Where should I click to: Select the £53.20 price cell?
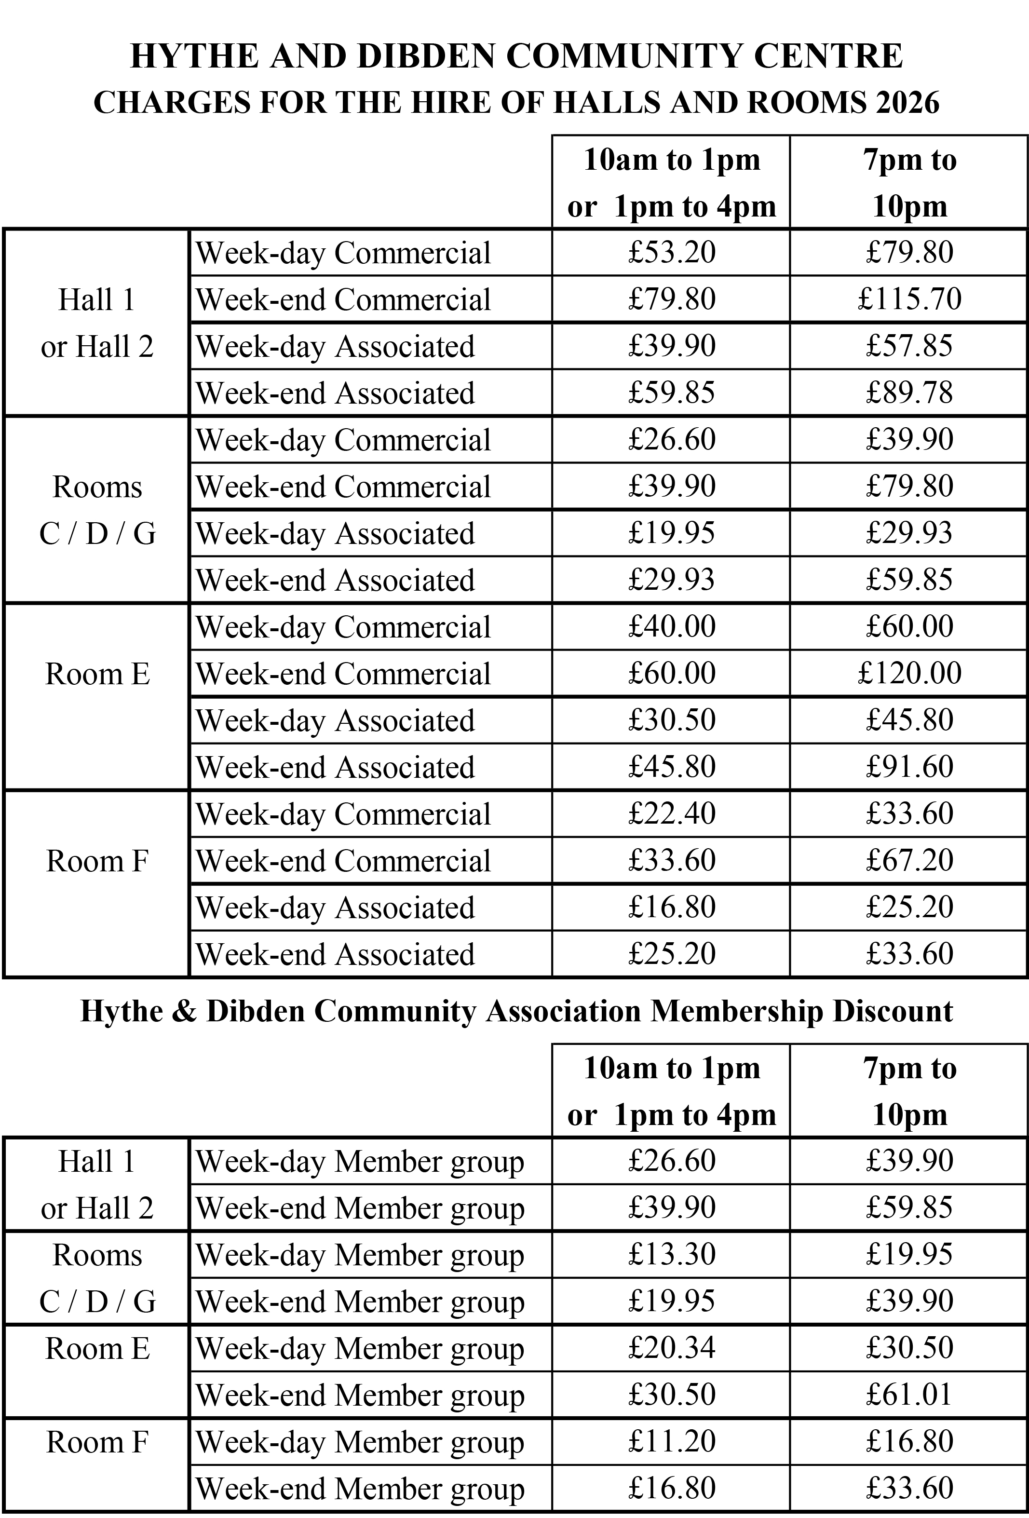(x=672, y=252)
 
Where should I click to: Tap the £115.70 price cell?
(x=909, y=299)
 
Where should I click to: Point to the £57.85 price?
(x=909, y=346)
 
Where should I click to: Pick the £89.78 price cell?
(x=909, y=393)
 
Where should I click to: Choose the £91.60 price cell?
(x=909, y=767)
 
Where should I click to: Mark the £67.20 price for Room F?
(x=909, y=860)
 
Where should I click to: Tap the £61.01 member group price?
(x=909, y=1395)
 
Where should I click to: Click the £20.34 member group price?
(x=672, y=1347)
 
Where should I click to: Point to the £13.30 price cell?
(x=672, y=1254)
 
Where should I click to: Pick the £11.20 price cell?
(x=672, y=1441)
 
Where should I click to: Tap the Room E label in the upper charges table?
(x=97, y=674)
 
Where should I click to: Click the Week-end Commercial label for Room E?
(x=343, y=674)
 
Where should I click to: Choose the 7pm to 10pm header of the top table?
(x=909, y=183)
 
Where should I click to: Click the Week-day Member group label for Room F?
(x=359, y=1442)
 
